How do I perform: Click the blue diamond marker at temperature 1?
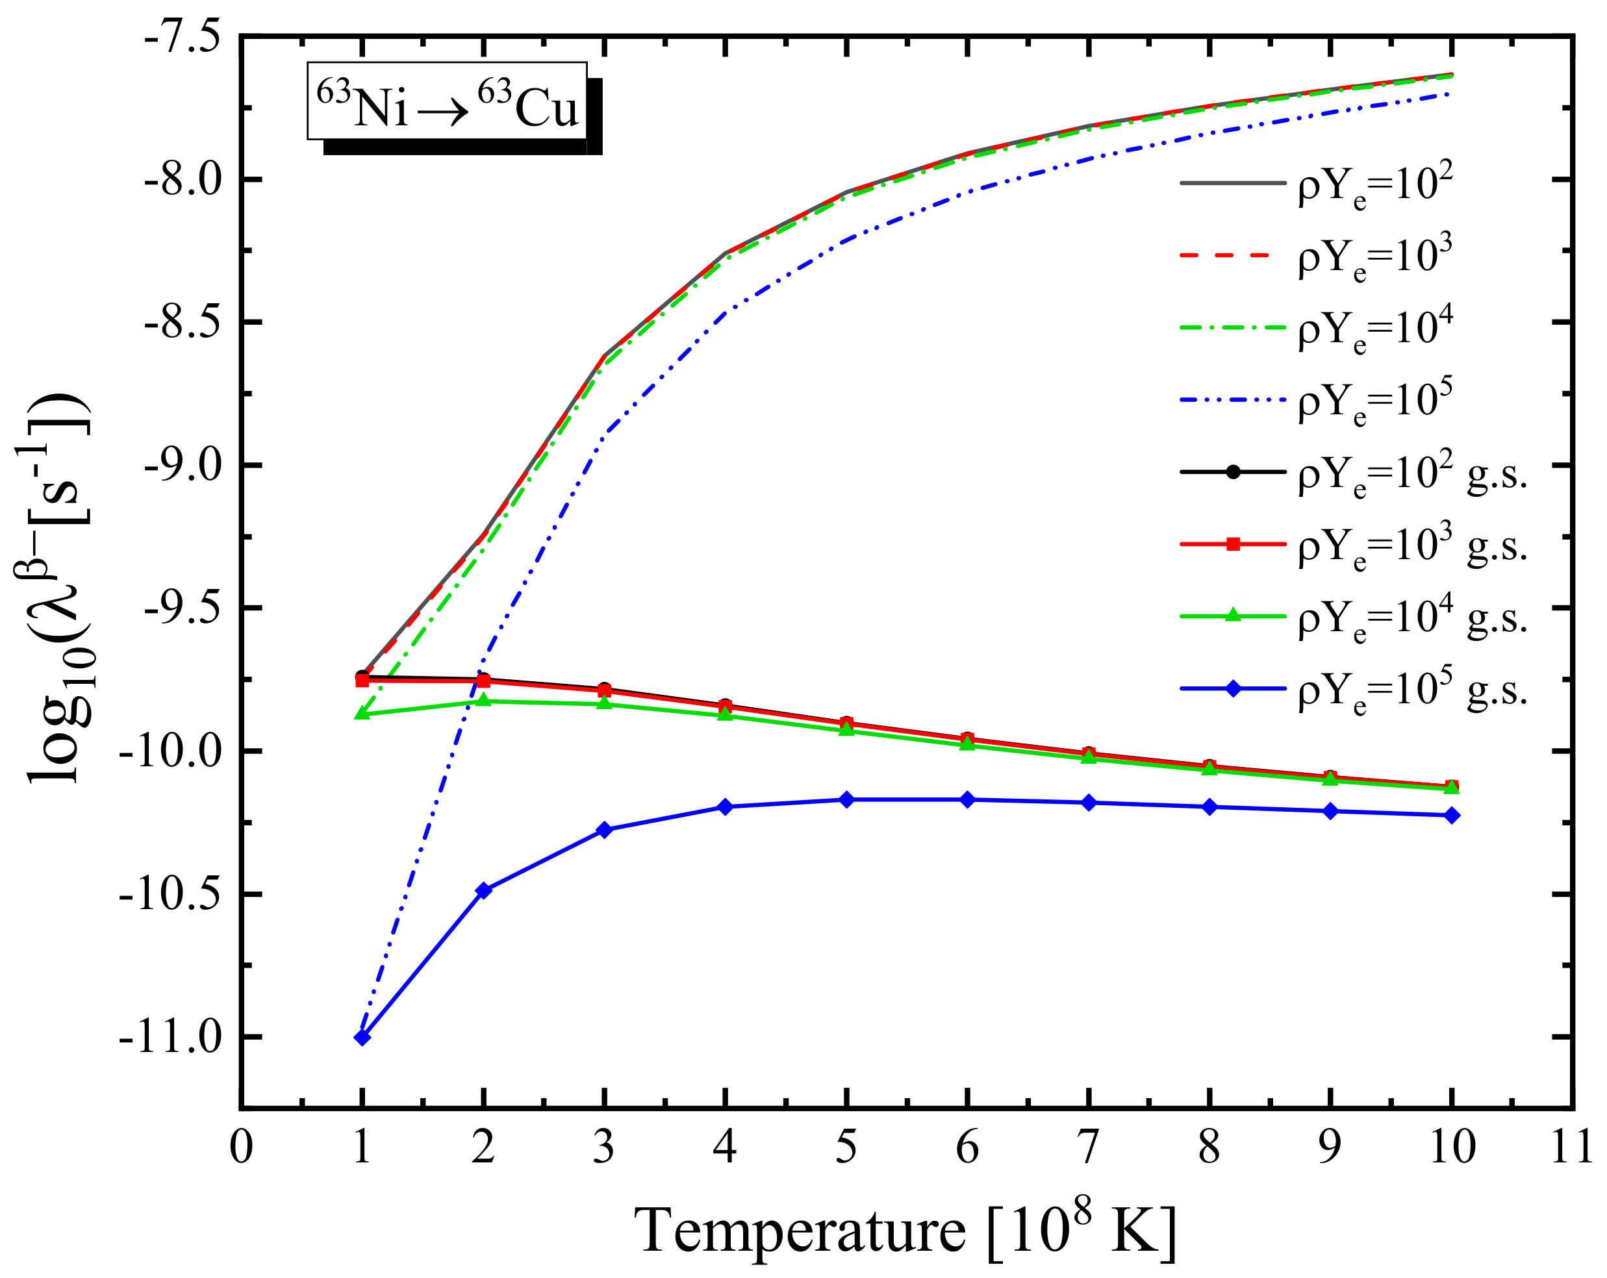(x=362, y=1037)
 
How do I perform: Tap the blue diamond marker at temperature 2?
(x=484, y=890)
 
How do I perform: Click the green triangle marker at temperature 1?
(x=362, y=714)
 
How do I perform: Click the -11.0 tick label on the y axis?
(x=170, y=1037)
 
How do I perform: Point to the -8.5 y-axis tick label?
(x=182, y=323)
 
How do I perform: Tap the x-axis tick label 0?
(x=241, y=1147)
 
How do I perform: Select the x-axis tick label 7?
(x=1088, y=1147)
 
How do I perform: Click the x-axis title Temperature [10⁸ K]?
(x=905, y=1231)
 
